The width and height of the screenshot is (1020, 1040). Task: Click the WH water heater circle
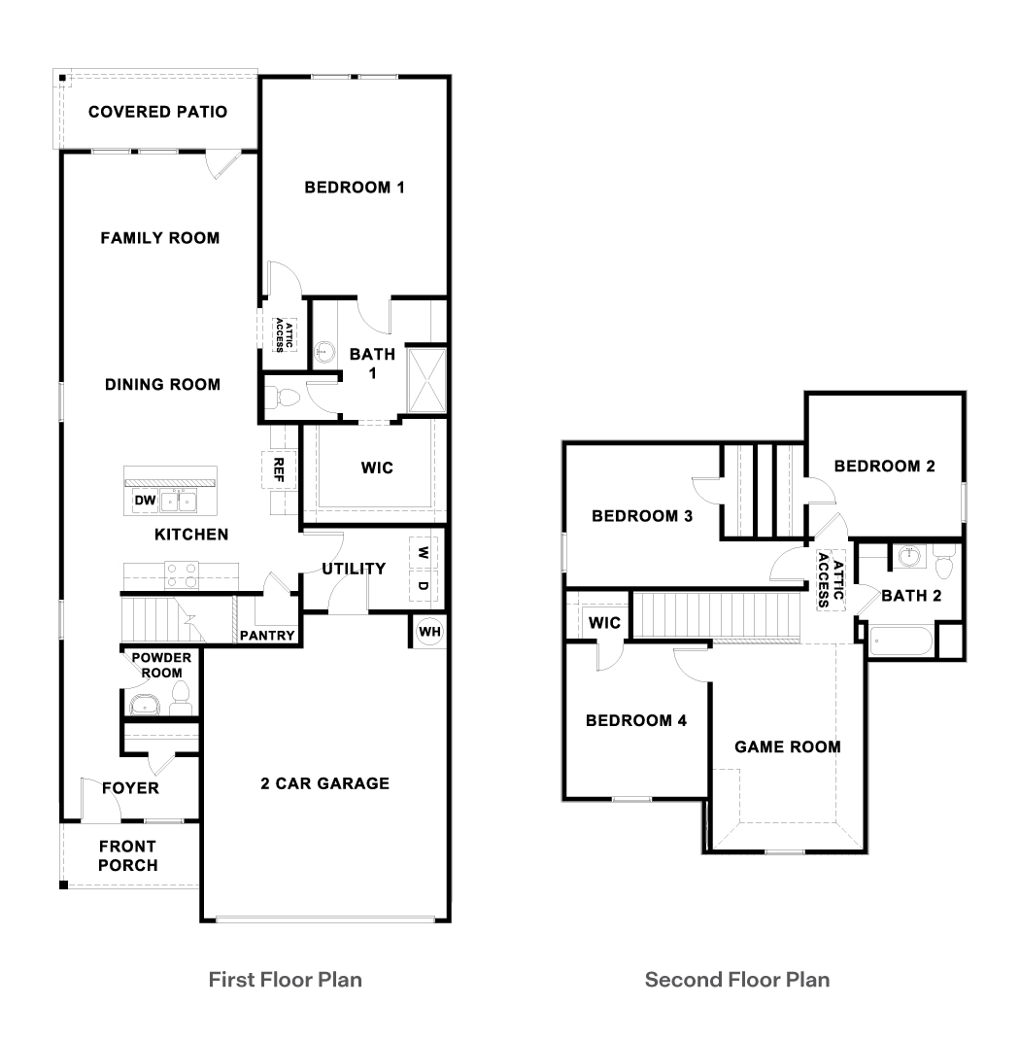click(428, 632)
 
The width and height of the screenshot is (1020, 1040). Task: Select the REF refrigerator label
click(279, 470)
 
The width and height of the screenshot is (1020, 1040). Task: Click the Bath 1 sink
click(325, 351)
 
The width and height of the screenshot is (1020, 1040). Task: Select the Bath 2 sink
click(910, 558)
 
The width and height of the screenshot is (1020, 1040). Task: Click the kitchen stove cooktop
click(181, 575)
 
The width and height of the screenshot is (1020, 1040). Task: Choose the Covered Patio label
click(157, 112)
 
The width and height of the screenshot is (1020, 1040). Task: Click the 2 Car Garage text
click(324, 783)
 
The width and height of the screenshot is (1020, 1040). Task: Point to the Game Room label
click(787, 746)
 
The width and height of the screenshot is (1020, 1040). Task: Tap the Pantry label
click(267, 636)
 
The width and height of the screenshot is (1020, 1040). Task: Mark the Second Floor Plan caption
click(737, 979)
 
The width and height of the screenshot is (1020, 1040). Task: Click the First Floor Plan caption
click(286, 979)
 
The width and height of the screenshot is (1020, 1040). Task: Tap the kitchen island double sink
click(179, 502)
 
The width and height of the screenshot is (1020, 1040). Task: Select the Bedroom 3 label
click(641, 516)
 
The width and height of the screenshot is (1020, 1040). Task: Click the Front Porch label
click(127, 855)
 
